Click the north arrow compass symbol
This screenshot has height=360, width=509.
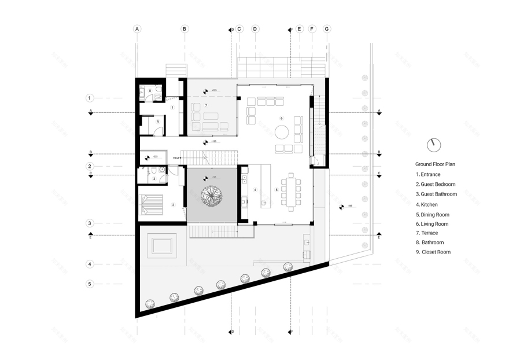[433, 144]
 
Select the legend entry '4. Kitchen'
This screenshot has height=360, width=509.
[427, 204]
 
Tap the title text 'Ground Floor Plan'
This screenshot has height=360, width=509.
[435, 164]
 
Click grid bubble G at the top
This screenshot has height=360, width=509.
[326, 28]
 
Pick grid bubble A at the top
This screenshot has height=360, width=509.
[137, 28]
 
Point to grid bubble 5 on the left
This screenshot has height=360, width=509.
[90, 284]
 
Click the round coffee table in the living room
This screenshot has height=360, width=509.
[282, 132]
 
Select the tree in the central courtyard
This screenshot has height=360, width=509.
[212, 196]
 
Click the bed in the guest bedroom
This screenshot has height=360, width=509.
[152, 204]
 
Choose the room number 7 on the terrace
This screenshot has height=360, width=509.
[206, 105]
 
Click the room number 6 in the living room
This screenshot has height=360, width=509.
[282, 118]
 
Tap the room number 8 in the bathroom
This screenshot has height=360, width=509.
[150, 91]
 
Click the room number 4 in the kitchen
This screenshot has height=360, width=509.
[254, 189]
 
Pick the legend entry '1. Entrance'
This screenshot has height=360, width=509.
[428, 174]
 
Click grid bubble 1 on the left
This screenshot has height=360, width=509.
[90, 98]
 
